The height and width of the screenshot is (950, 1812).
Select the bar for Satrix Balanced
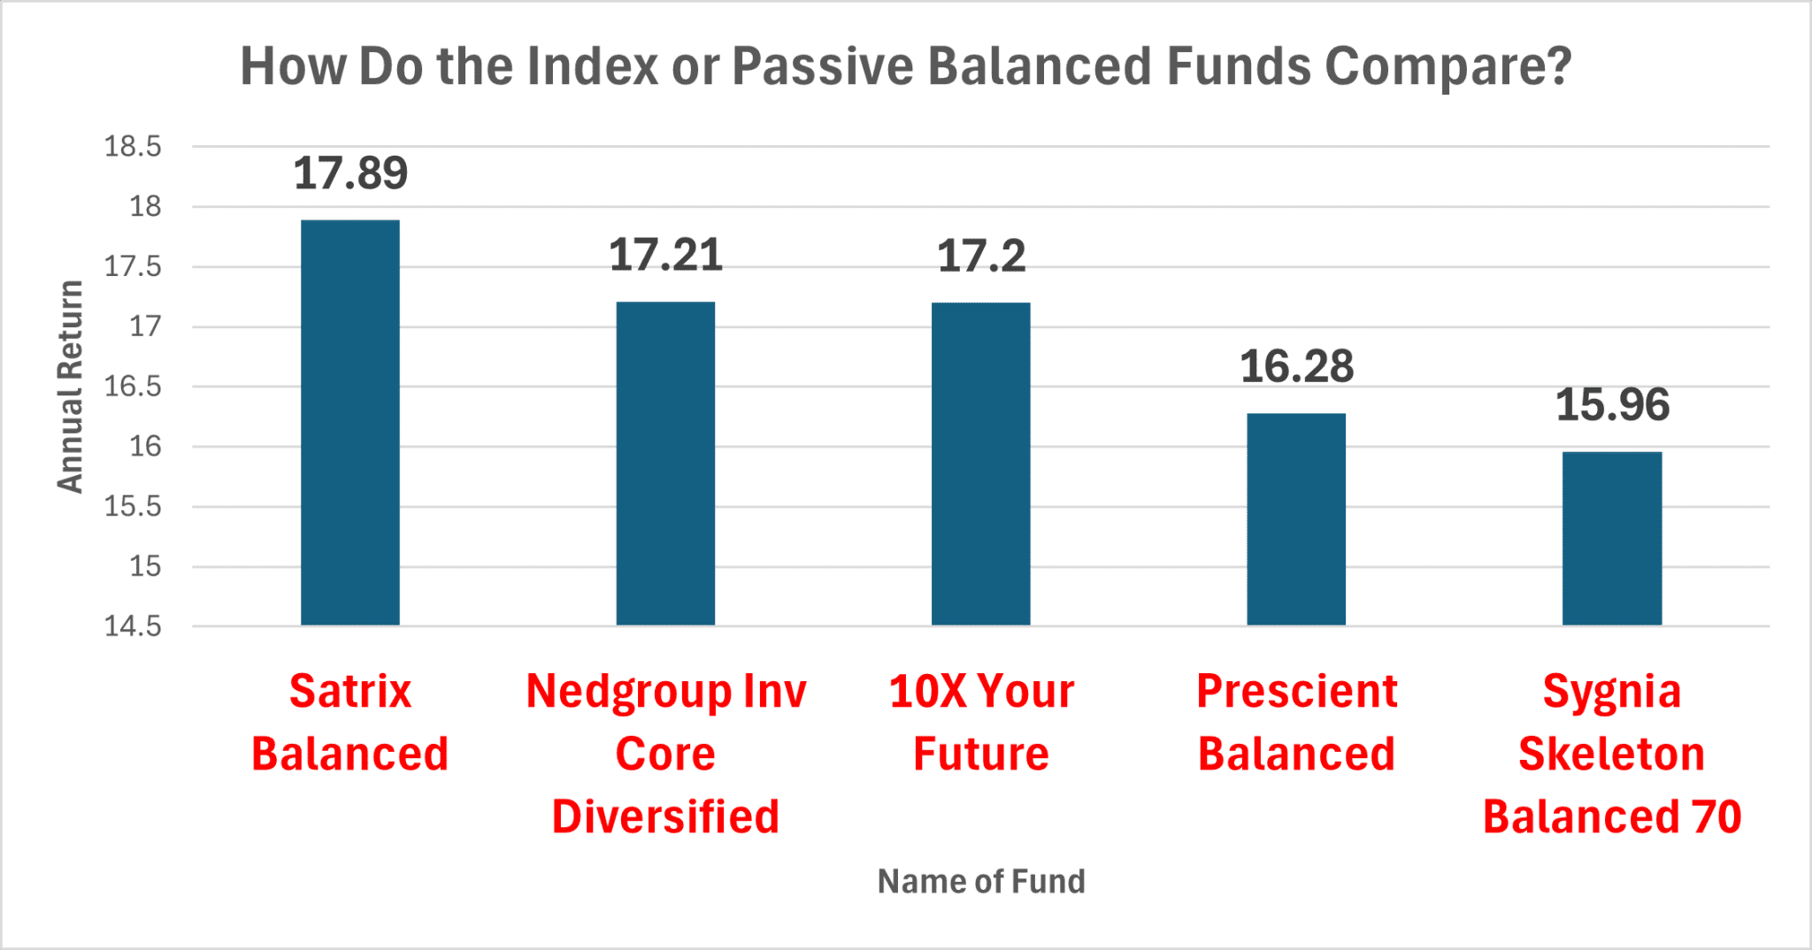[350, 423]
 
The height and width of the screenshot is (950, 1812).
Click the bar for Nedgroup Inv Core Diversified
[665, 464]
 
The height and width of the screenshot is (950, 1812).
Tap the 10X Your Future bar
[980, 464]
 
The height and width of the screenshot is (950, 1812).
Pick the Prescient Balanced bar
[1296, 519]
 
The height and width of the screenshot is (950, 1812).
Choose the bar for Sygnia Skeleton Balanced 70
[1612, 539]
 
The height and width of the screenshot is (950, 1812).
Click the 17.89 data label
[350, 173]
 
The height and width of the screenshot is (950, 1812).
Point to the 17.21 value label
[665, 256]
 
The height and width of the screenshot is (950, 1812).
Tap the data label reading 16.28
[1296, 367]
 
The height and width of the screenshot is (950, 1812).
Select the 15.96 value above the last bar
[1612, 405]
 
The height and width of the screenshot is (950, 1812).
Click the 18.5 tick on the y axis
[133, 147]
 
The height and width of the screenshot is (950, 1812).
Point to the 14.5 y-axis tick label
[133, 627]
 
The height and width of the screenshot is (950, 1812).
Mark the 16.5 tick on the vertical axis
[133, 387]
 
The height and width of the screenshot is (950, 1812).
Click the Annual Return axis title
[70, 387]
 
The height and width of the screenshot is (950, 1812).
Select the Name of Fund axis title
[980, 882]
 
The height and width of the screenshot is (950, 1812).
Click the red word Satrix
[350, 691]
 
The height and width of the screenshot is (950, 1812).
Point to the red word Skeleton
[1612, 755]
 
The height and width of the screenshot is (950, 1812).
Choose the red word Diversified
[665, 816]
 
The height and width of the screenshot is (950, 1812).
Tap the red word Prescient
[1296, 691]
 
